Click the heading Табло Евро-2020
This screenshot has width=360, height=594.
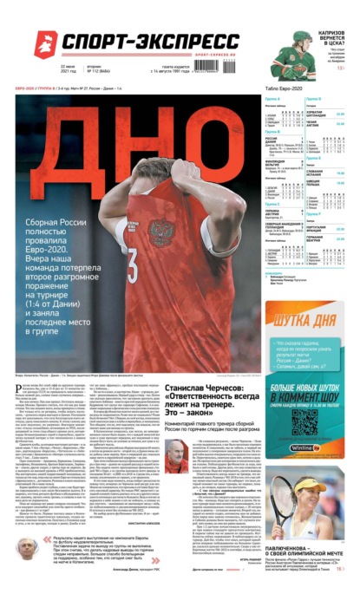tap(286, 89)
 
